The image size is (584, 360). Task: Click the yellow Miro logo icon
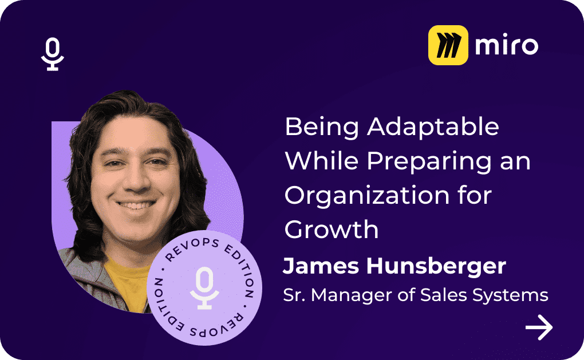448,45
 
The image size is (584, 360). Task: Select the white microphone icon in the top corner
53,54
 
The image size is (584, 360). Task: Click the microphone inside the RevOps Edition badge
204,288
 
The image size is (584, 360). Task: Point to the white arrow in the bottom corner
539,327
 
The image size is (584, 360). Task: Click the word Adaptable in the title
433,126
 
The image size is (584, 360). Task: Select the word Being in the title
322,127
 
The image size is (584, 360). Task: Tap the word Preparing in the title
429,161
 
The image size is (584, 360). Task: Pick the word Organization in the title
367,196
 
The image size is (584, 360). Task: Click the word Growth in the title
332,230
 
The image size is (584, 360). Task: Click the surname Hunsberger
436,267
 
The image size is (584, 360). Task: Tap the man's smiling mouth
136,205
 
